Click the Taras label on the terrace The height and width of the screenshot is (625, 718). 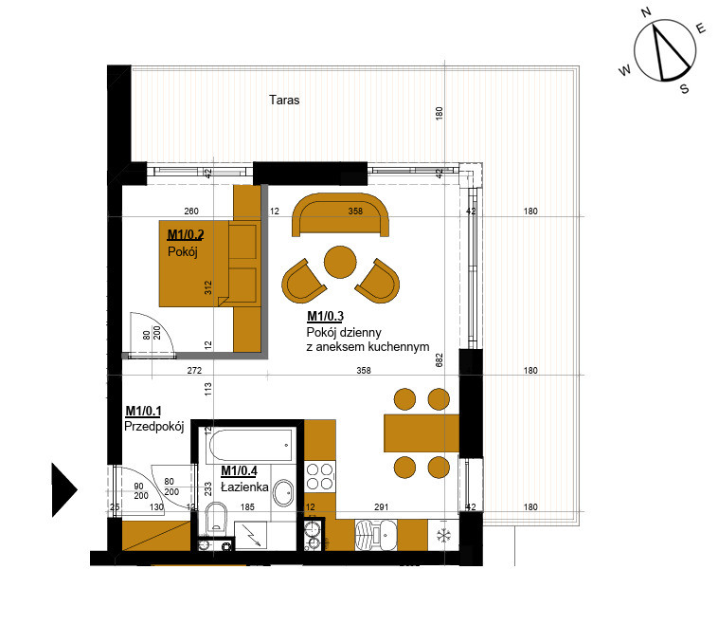(x=284, y=100)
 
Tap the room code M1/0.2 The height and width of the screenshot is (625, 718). (x=186, y=235)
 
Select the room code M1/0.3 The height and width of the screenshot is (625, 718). (x=325, y=316)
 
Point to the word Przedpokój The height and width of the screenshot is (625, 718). (x=153, y=427)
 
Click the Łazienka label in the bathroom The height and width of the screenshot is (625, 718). (x=244, y=487)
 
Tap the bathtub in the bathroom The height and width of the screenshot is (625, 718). (x=250, y=445)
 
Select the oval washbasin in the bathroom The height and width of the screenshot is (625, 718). (x=283, y=494)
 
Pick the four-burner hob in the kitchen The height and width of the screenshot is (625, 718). (x=319, y=477)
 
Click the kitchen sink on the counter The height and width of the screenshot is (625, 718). (x=376, y=535)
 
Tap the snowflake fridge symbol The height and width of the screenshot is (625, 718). (x=443, y=535)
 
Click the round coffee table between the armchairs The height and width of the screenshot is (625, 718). (x=340, y=263)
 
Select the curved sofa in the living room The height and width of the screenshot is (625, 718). (x=340, y=214)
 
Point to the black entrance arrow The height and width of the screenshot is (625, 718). (x=64, y=489)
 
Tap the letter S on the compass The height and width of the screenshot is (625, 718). (x=685, y=88)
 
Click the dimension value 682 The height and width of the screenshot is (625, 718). (x=440, y=360)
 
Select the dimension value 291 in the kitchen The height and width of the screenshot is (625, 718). (x=381, y=507)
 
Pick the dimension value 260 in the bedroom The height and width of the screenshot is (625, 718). (x=191, y=211)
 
